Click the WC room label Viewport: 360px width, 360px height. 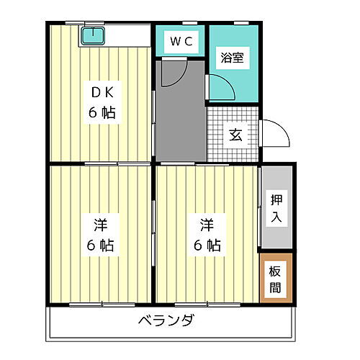[181, 42]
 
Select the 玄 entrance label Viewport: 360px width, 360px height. [235, 135]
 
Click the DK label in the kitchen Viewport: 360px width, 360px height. [102, 92]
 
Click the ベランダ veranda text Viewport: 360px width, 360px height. [165, 320]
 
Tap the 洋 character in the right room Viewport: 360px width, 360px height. [205, 222]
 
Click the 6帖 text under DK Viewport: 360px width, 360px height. [102, 113]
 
